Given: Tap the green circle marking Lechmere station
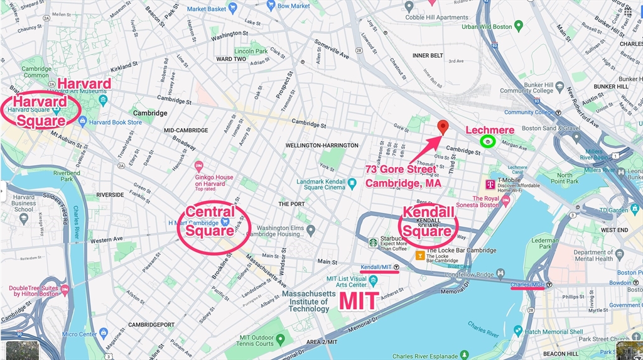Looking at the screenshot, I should pyautogui.click(x=488, y=142).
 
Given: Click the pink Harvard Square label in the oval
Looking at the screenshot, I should pyautogui.click(x=40, y=111).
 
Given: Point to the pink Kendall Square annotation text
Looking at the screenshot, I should pyautogui.click(x=427, y=221).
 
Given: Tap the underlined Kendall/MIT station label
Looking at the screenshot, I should pyautogui.click(x=377, y=267).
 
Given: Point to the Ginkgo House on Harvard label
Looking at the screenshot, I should pyautogui.click(x=213, y=180).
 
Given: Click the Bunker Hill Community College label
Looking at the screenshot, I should pyautogui.click(x=527, y=87).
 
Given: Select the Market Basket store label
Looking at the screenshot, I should pyautogui.click(x=206, y=9).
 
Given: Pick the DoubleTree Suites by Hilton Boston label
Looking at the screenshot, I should pyautogui.click(x=33, y=292).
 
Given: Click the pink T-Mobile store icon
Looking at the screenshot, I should pyautogui.click(x=490, y=184).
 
